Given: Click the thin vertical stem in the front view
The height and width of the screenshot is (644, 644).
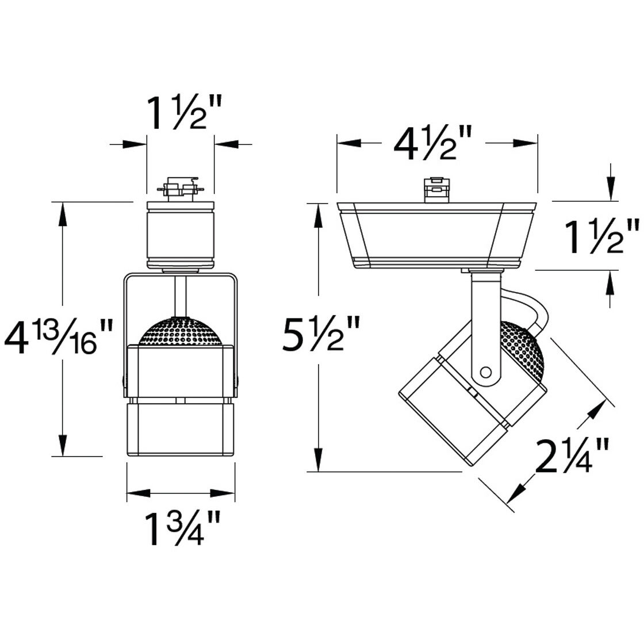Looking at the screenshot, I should click(181, 296).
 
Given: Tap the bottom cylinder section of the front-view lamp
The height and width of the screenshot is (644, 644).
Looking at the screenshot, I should click(181, 428).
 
